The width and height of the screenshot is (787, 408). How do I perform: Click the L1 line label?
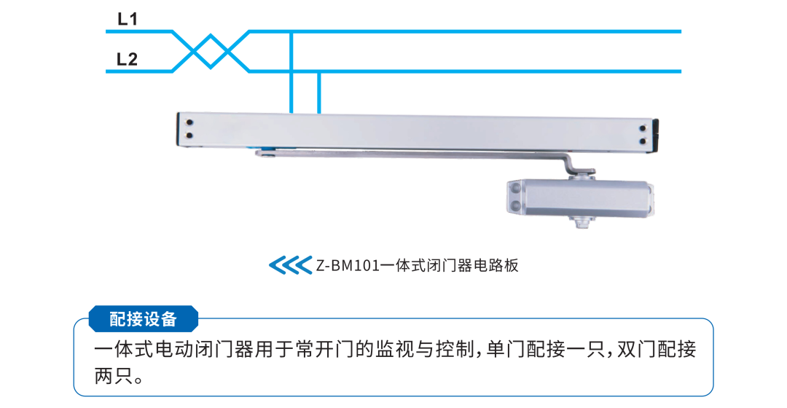tap(128, 19)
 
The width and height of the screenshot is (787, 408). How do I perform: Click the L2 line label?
tap(127, 59)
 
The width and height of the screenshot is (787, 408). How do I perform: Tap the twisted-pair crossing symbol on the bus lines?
tap(211, 51)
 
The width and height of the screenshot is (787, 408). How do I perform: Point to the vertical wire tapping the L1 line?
tap(291, 72)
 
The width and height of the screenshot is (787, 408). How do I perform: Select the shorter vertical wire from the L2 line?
tap(318, 93)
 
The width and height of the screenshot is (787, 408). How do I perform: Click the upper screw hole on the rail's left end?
tap(189, 122)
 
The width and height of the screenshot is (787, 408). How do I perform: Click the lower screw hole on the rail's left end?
tap(189, 136)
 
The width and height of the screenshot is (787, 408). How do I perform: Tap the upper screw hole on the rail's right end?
tap(643, 129)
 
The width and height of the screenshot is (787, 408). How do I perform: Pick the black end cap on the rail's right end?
tap(656, 136)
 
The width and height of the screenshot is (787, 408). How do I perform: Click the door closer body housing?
tap(580, 197)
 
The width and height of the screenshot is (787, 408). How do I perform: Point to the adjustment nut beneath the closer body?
tap(582, 221)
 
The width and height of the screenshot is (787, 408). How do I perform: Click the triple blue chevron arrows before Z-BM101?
tap(291, 265)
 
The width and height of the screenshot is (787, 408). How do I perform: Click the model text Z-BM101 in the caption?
tap(348, 265)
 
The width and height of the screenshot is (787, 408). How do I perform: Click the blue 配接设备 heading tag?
tap(144, 318)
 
